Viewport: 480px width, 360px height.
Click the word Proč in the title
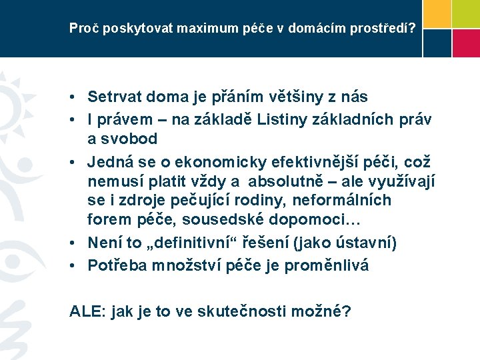[81, 29]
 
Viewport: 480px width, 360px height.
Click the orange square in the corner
[436, 13]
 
